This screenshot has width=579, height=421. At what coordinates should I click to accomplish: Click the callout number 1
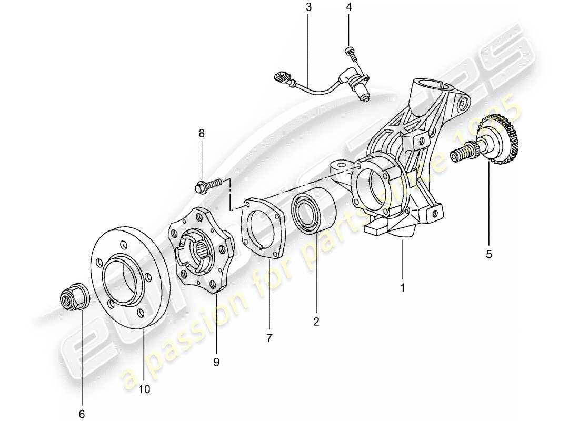click(x=403, y=288)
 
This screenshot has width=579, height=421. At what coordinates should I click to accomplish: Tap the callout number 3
click(x=308, y=7)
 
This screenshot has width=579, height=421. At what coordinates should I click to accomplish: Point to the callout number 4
click(x=348, y=7)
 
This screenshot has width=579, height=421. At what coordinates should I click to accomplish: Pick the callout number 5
click(x=488, y=254)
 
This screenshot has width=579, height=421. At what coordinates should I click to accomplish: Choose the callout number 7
click(x=269, y=338)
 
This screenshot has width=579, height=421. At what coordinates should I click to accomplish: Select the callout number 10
click(x=144, y=389)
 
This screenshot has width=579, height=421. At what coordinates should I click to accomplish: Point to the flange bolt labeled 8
click(x=207, y=185)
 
